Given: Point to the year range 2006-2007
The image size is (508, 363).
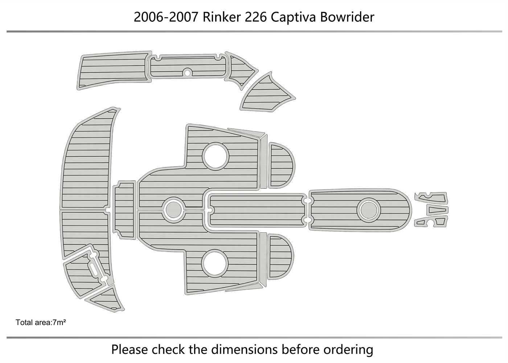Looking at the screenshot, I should (x=166, y=17).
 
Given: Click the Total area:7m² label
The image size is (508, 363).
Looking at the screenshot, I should (x=41, y=322).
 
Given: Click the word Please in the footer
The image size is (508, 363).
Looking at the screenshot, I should (x=130, y=350).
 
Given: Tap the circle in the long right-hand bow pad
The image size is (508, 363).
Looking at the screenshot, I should (x=369, y=210).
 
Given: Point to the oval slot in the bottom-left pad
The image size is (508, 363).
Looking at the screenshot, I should (x=95, y=270).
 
